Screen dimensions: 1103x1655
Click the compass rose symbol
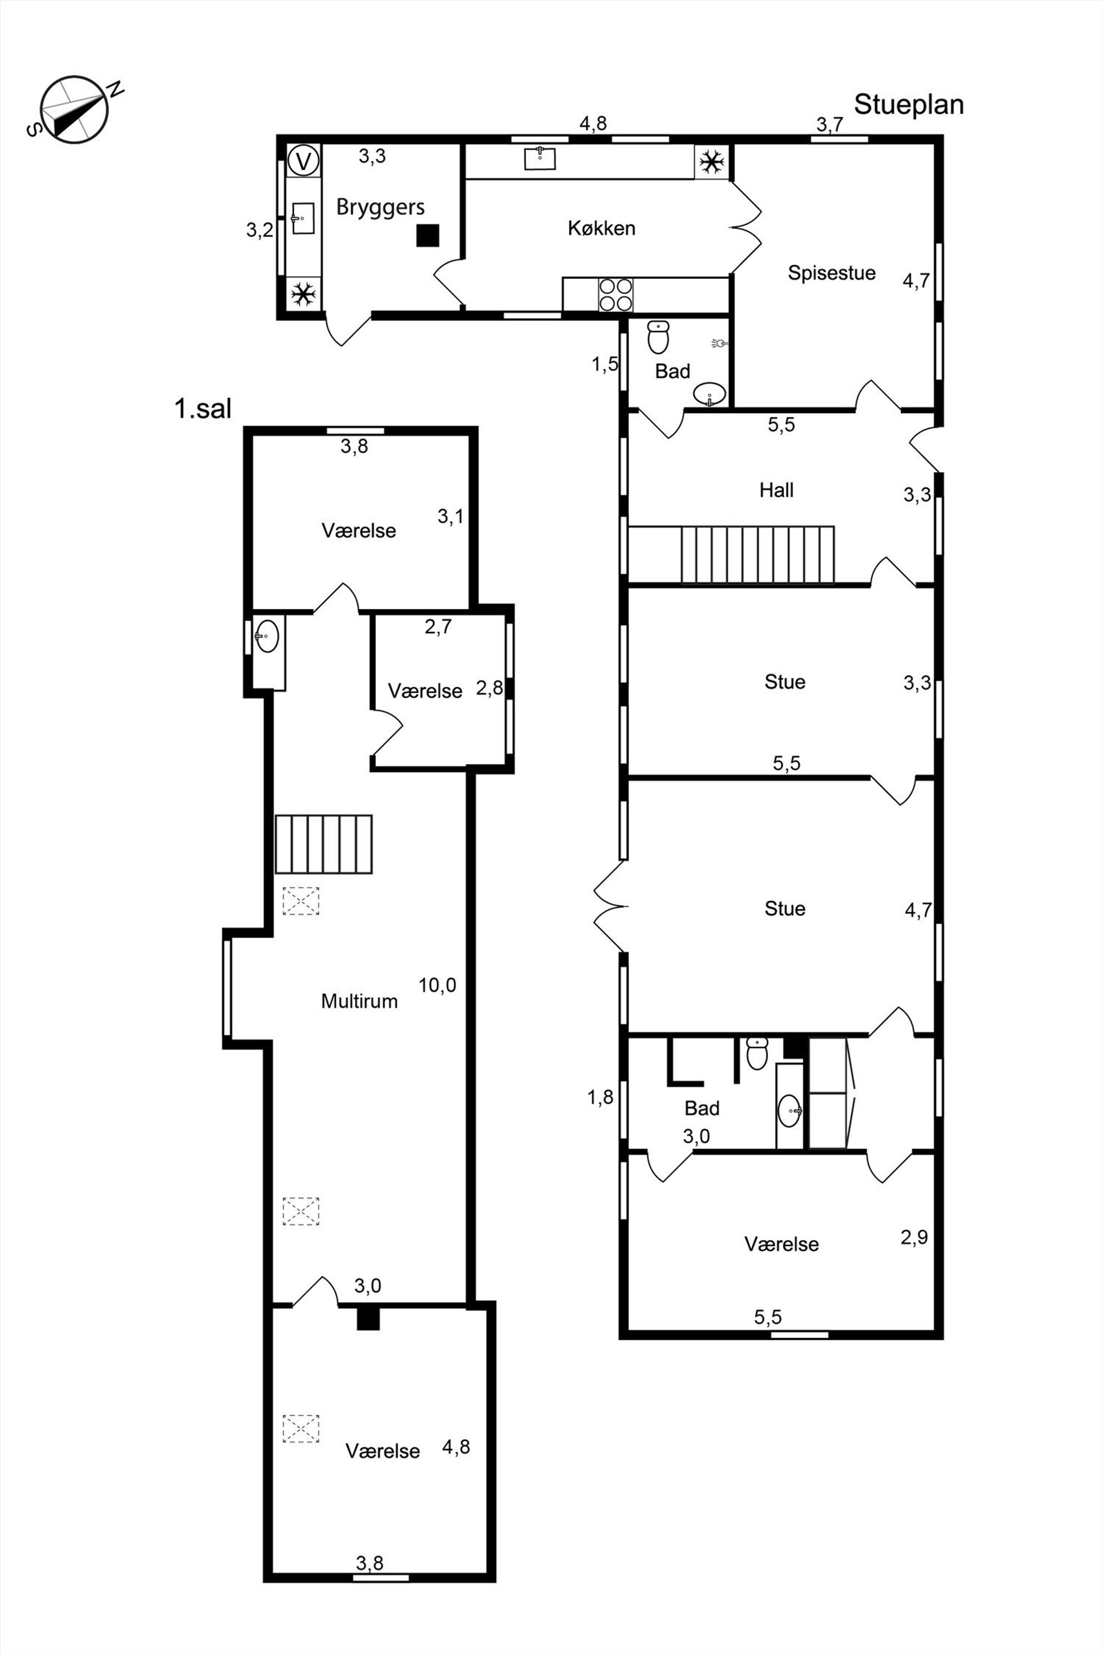[x=74, y=110]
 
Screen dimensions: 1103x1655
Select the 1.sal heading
[x=202, y=408]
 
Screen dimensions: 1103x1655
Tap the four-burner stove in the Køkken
[x=615, y=294]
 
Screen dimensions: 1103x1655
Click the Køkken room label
[x=602, y=228]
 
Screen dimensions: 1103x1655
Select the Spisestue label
[x=832, y=273]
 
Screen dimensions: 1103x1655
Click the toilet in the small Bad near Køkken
[x=658, y=337]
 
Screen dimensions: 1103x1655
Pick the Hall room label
[x=777, y=490]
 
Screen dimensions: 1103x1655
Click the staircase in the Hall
[x=757, y=555]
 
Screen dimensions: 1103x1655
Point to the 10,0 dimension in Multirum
[x=438, y=985]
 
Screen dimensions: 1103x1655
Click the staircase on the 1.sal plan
[x=324, y=844]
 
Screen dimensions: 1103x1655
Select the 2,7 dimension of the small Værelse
[x=438, y=626]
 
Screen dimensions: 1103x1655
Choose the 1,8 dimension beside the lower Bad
[x=601, y=1097]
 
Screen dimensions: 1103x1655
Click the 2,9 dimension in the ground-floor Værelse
[x=914, y=1236]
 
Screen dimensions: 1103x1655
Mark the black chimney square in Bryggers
[x=428, y=235]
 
